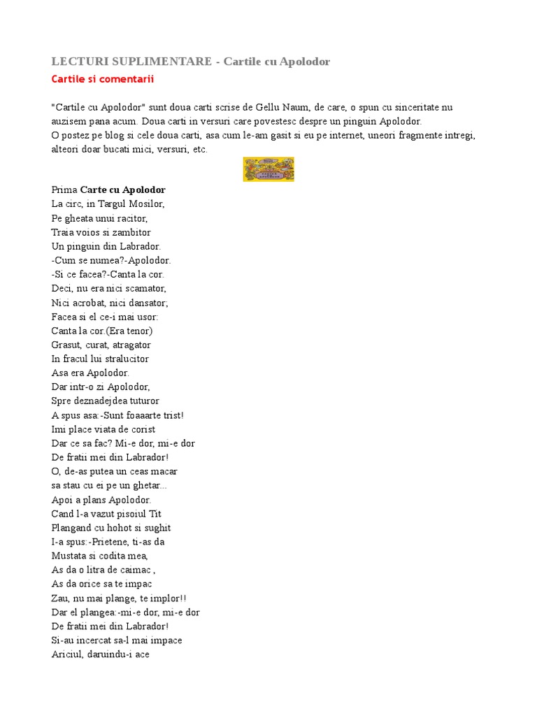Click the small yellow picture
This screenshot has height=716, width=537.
coord(268,169)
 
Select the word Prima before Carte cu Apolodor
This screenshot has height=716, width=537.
coord(64,189)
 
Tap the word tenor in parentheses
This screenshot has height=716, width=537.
coord(137,331)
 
